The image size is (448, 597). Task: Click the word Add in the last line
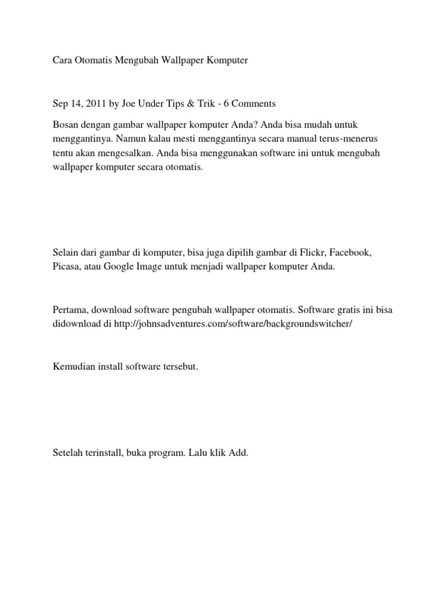(239, 452)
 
